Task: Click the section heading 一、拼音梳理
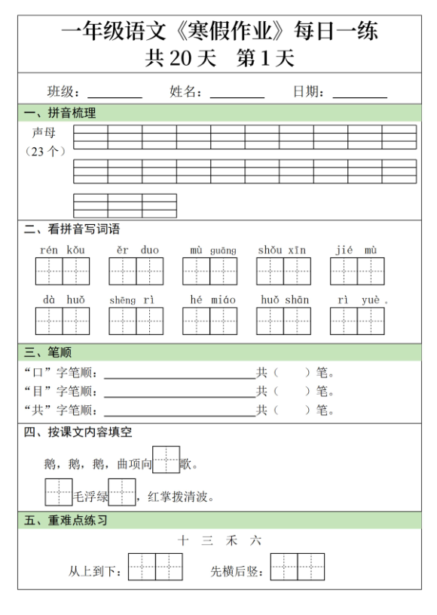[x=60, y=113]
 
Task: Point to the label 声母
[x=44, y=132]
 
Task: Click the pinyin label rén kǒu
[x=62, y=250]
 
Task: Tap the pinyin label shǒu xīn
[x=283, y=250]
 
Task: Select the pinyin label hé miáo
[x=209, y=300]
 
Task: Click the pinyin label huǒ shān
[x=284, y=300]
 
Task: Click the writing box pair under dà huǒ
[x=63, y=321]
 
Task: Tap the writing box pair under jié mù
[x=357, y=271]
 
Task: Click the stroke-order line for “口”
[x=179, y=374]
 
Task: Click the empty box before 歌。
[x=166, y=459]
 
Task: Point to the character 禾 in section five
[x=231, y=540]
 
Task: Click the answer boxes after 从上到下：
[x=155, y=567]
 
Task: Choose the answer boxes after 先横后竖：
[x=298, y=567]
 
